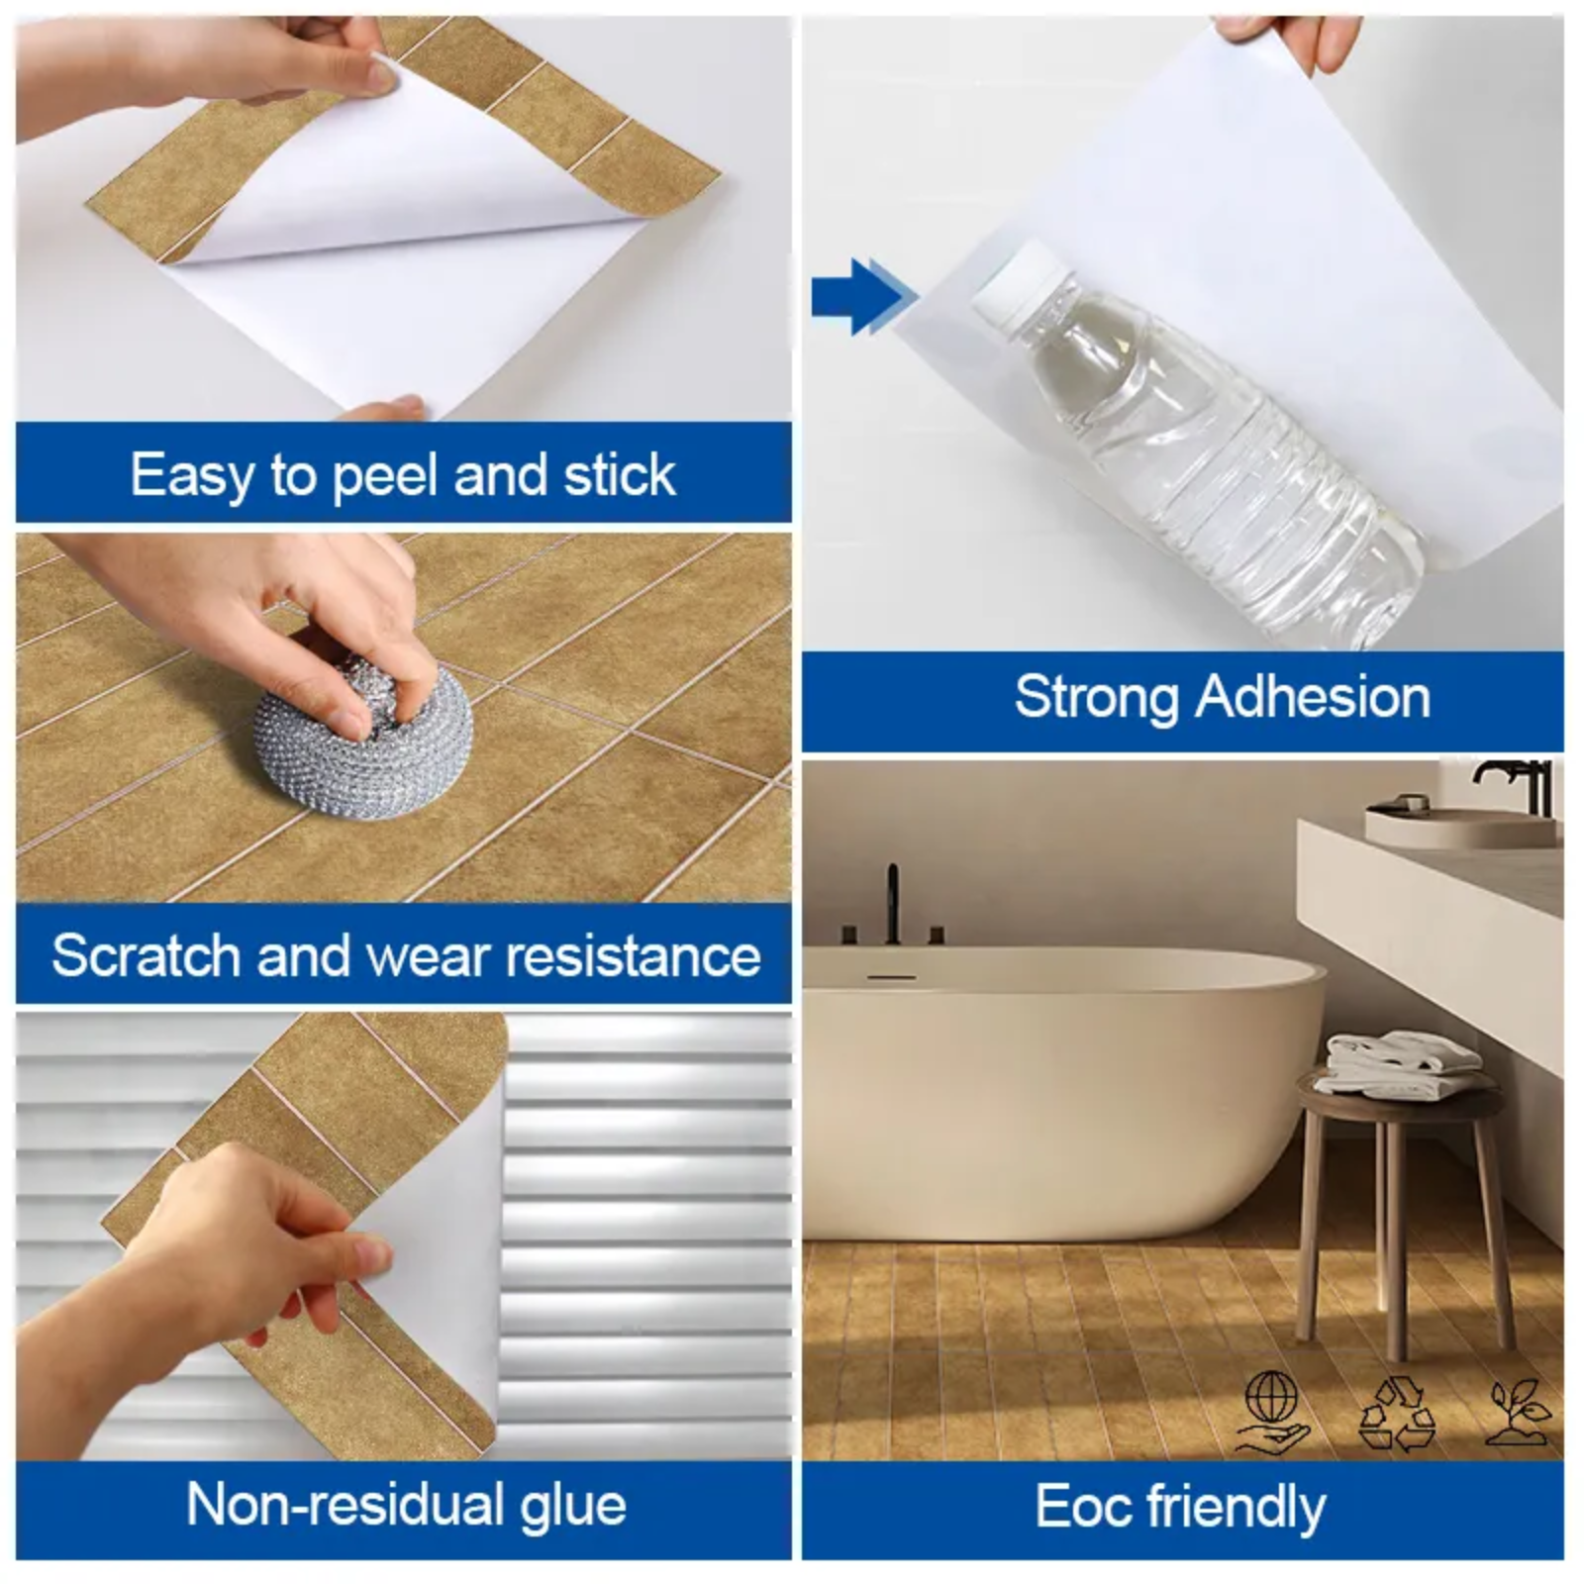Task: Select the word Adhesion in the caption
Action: tap(1314, 697)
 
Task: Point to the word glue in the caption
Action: tap(573, 1506)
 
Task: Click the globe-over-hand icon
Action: tap(1274, 1412)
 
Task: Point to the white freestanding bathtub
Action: tap(1059, 1089)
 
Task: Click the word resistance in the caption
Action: tap(634, 955)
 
